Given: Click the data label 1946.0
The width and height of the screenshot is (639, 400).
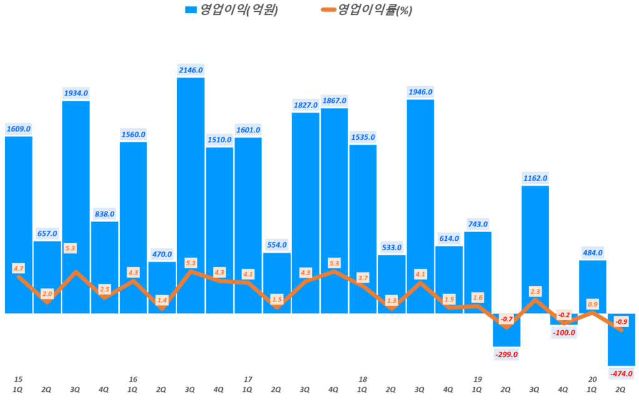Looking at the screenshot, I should point(421,92).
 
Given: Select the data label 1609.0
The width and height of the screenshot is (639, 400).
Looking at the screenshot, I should point(19,129).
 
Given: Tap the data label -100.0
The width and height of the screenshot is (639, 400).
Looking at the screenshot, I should point(564,333).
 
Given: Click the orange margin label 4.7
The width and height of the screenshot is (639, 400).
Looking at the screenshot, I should point(19,268).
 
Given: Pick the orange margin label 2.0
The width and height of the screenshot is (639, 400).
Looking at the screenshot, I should point(47,293).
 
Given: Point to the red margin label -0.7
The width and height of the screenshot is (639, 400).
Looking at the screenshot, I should point(507,319).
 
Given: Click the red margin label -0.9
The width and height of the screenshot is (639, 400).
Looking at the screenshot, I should point(622,321).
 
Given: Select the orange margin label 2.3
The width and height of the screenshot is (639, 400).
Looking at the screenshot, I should point(535,290).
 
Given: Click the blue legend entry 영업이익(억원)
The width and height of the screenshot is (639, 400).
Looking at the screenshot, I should point(232,9).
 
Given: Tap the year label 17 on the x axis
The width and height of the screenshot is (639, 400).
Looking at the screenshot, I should point(248,379).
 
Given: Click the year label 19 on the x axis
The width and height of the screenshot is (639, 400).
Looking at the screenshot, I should point(478,379).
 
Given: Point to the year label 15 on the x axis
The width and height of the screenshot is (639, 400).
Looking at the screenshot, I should point(18,379).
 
